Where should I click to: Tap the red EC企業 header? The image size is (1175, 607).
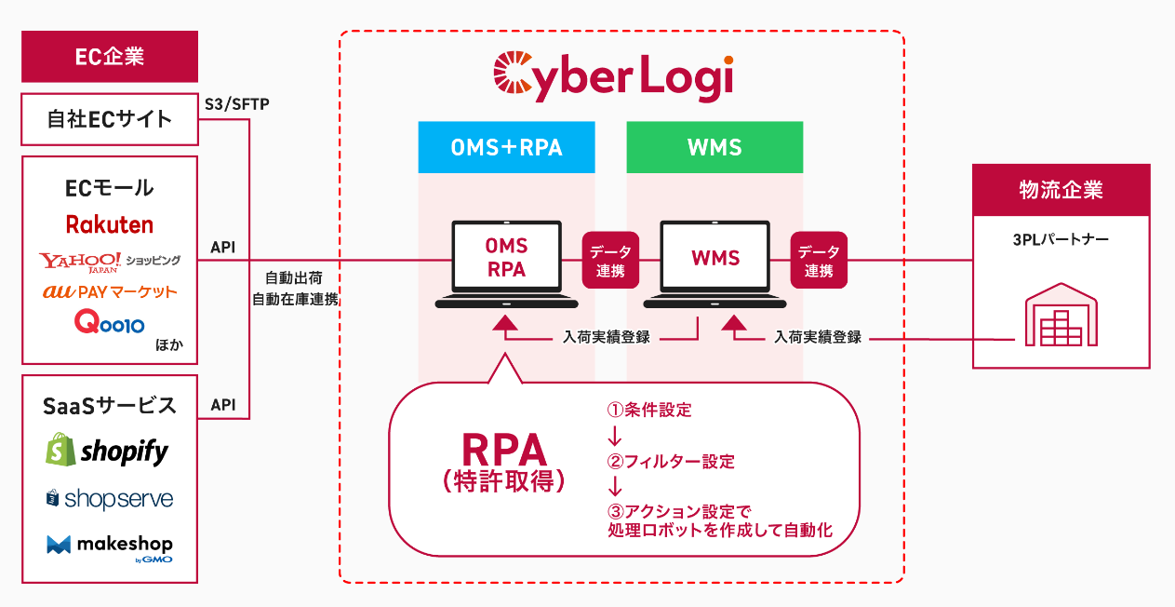pos(110,57)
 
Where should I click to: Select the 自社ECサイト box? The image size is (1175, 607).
pos(110,119)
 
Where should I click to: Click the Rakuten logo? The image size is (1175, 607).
pos(110,224)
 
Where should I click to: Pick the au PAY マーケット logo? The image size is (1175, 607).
pos(110,291)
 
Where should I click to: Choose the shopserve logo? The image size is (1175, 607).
pos(110,499)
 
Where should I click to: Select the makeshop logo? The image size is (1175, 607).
pos(110,546)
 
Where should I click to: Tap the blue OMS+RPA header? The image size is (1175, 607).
pos(506,147)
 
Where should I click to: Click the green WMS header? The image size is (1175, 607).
pos(714,147)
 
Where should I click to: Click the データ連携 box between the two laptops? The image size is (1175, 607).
pos(610,260)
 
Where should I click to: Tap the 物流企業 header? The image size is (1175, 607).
pos(1061,189)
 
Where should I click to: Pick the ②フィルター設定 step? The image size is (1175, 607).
pos(671,462)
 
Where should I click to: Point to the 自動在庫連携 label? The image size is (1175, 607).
pos(295,300)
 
